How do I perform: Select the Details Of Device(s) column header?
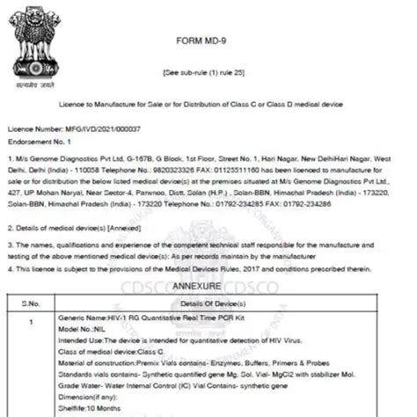point(234,303)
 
